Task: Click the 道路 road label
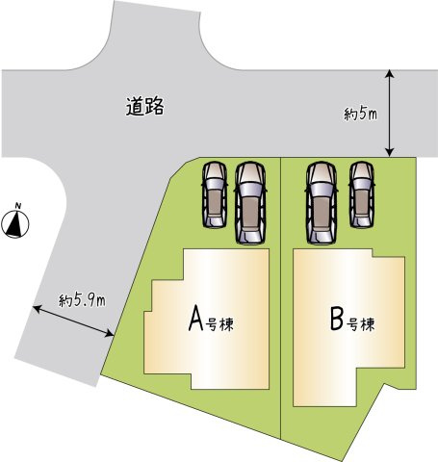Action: click(144, 106)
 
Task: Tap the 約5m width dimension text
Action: click(360, 115)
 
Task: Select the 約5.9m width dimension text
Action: click(82, 300)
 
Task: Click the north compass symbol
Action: click(15, 223)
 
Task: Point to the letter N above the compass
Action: click(18, 206)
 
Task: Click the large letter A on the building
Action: click(195, 318)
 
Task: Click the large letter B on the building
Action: click(337, 319)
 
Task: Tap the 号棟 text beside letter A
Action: click(220, 324)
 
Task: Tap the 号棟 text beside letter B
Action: click(361, 324)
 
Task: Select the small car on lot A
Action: click(215, 194)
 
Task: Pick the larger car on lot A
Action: click(250, 203)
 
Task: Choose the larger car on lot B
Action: click(322, 203)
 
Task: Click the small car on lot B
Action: click(362, 194)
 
